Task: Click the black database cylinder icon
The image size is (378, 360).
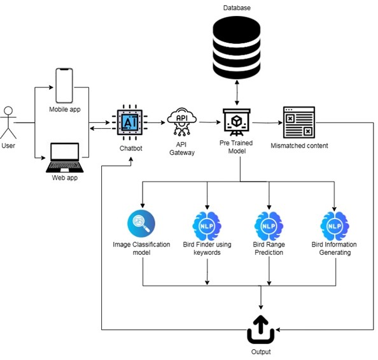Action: click(237, 48)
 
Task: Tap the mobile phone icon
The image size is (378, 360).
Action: click(64, 85)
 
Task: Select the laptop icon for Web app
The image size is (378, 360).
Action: click(65, 157)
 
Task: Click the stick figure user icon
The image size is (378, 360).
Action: click(8, 122)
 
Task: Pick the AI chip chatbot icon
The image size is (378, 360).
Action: click(130, 122)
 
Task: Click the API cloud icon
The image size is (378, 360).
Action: click(182, 122)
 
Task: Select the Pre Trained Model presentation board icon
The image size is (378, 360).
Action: click(237, 122)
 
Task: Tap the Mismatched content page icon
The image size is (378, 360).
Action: click(299, 122)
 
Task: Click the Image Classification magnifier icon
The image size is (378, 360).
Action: click(141, 224)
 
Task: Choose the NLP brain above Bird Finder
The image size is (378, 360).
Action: click(207, 226)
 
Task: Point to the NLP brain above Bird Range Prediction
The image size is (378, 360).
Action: click(269, 226)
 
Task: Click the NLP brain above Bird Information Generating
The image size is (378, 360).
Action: click(335, 226)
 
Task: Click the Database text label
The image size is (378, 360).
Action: click(237, 8)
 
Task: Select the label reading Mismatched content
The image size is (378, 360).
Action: click(299, 146)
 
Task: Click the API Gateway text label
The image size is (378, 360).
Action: click(182, 148)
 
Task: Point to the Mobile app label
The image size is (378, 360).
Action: click(65, 110)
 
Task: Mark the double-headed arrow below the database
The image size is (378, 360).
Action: click(237, 92)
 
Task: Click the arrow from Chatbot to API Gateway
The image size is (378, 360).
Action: click(156, 122)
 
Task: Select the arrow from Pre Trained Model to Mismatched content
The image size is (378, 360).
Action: click(267, 123)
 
